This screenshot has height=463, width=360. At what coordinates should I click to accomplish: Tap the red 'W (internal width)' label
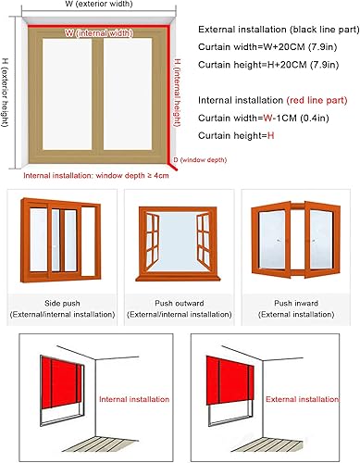(x=96, y=33)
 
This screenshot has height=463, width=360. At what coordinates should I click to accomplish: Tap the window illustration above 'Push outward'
(x=180, y=244)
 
